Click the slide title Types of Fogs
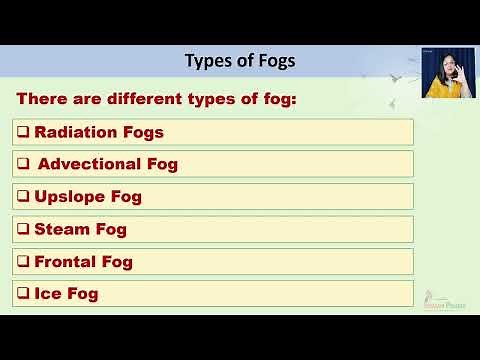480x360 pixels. [240, 61]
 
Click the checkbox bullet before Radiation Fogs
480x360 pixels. [23, 132]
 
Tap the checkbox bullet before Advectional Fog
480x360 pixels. [23, 164]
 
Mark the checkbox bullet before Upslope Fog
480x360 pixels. [23, 197]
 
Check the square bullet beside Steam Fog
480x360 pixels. [23, 229]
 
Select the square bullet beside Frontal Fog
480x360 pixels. [23, 262]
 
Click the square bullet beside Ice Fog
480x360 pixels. [23, 294]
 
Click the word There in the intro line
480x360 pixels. [44, 99]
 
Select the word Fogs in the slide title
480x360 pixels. [275, 61]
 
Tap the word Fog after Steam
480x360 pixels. [111, 229]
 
